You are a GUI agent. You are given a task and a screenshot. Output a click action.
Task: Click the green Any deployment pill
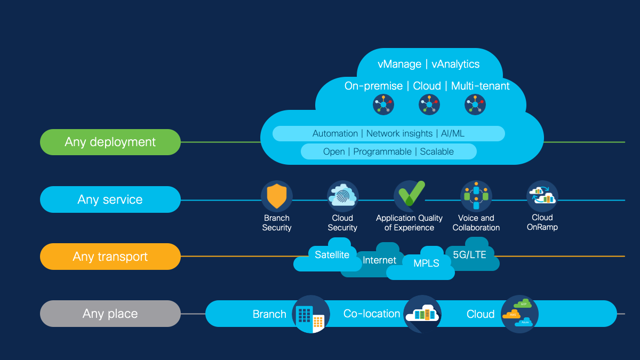point(110,142)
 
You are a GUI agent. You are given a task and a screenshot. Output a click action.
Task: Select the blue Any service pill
point(110,199)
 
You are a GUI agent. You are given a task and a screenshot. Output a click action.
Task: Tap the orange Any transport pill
point(110,257)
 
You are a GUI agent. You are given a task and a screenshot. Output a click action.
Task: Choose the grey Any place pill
point(110,314)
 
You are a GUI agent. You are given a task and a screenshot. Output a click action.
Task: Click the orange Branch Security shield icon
point(277,196)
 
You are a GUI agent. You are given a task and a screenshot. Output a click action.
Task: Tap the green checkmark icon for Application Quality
point(410,195)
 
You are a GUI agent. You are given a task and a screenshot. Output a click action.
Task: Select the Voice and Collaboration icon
point(476,196)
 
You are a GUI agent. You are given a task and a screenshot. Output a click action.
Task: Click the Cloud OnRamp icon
point(542,196)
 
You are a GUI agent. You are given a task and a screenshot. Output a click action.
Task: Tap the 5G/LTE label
point(469,254)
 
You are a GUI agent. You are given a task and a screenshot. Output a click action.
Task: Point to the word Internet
point(379,260)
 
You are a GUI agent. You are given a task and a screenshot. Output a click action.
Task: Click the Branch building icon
point(311,315)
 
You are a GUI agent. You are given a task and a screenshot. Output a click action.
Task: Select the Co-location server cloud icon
point(422,314)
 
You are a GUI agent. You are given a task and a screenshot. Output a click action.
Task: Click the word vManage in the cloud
point(399,64)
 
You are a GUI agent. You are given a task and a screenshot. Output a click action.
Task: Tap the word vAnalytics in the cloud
point(455,64)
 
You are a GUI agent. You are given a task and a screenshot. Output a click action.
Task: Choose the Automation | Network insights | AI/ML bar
point(388,133)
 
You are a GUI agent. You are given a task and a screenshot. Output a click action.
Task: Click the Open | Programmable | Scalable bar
point(388,151)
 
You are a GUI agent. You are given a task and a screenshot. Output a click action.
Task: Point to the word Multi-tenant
point(480,86)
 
